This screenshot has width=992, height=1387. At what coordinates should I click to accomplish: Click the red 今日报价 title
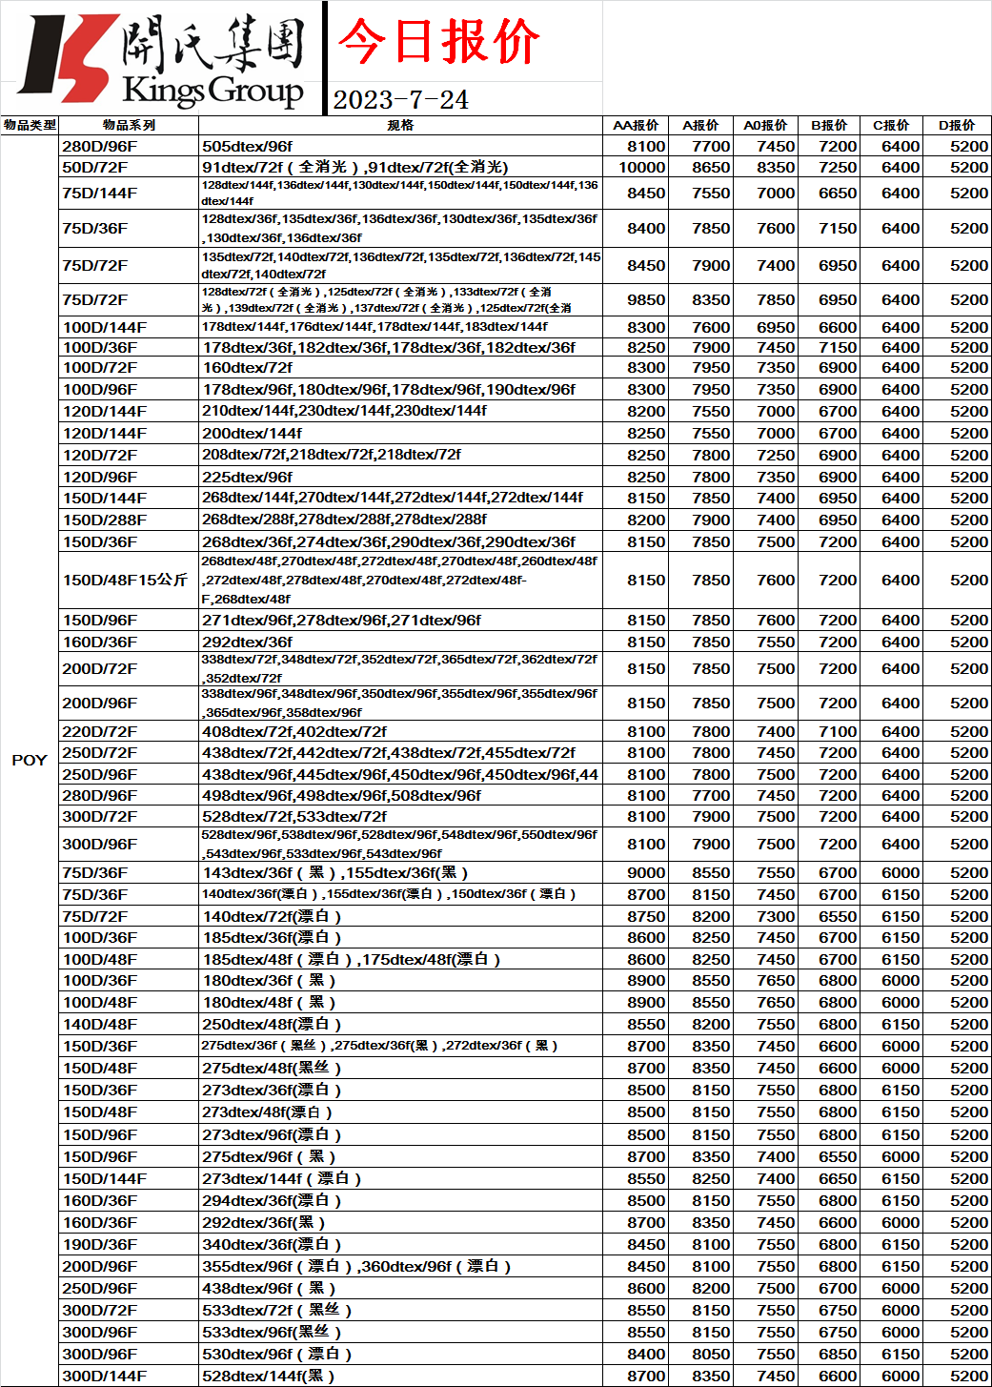coord(438,42)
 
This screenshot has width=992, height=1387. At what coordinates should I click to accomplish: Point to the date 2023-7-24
coord(401,99)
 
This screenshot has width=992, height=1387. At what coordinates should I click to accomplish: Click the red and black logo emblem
coord(67,57)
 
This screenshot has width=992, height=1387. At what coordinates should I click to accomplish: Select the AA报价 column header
coord(636,125)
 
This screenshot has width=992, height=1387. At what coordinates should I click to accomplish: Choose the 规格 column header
coord(400,125)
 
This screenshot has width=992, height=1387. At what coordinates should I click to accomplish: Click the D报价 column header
coord(957,125)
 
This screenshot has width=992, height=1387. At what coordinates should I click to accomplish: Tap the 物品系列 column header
coord(129,125)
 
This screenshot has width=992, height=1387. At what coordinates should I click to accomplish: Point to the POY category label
coord(30,760)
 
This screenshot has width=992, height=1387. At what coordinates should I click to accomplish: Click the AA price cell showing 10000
coord(642,167)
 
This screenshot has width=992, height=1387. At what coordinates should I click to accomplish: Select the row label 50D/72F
coord(95,167)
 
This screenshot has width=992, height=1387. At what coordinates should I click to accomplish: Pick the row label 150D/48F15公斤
coord(125,580)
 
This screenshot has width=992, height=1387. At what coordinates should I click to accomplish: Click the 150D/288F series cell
coord(105,520)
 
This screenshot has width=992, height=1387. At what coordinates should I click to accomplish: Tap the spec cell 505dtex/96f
coord(248,146)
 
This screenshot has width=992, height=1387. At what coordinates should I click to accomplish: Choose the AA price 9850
coord(646,299)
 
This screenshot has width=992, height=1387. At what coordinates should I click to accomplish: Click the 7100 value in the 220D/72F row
coord(838,731)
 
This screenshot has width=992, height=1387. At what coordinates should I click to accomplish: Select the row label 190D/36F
coord(100,1244)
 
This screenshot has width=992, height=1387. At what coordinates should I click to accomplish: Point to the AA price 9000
coord(646,872)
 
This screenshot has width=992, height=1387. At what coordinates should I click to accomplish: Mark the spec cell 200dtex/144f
coord(252,433)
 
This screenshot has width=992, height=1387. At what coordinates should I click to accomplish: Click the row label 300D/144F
coord(105,1376)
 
